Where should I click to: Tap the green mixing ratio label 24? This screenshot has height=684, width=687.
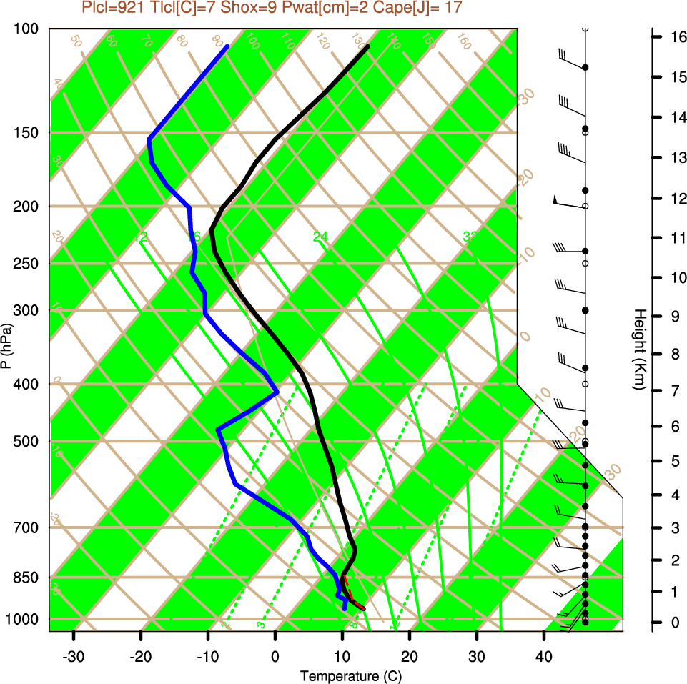320,237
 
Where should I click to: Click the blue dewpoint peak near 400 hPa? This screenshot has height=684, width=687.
277,391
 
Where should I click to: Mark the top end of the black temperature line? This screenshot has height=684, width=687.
368,46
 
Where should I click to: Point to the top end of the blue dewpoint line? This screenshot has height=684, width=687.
227,46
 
